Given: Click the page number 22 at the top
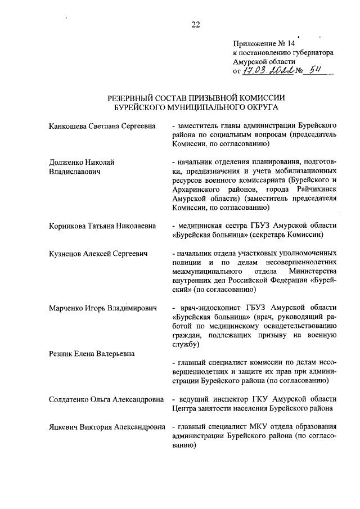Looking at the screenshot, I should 195,24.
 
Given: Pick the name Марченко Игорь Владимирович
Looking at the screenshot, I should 102,308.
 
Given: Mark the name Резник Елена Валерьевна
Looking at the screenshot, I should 91,353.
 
